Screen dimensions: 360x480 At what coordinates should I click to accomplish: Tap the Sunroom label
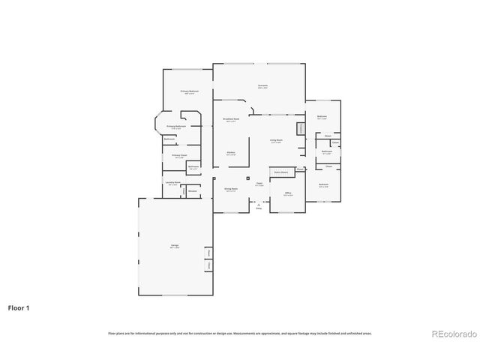pyautogui.click(x=262, y=86)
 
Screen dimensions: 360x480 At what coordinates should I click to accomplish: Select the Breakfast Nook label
pyautogui.click(x=231, y=119)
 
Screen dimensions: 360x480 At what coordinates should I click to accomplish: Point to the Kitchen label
pyautogui.click(x=231, y=154)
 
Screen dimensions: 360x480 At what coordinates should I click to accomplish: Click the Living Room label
pyautogui.click(x=276, y=140)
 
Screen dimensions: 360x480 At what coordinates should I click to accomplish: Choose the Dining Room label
pyautogui.click(x=231, y=190)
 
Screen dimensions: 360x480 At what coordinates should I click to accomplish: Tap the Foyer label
pyautogui.click(x=259, y=184)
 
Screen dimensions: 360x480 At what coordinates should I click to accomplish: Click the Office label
pyautogui.click(x=287, y=195)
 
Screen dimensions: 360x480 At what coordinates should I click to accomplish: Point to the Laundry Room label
pyautogui.click(x=172, y=183)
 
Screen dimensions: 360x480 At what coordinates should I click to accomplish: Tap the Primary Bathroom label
pyautogui.click(x=176, y=127)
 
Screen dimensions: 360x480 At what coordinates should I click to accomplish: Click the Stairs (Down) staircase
pyautogui.click(x=280, y=172)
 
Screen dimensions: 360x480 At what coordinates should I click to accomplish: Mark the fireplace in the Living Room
pyautogui.click(x=301, y=128)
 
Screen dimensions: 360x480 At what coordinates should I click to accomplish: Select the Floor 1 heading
pyautogui.click(x=19, y=307)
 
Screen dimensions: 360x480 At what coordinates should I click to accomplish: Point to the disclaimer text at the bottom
pyautogui.click(x=240, y=333)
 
